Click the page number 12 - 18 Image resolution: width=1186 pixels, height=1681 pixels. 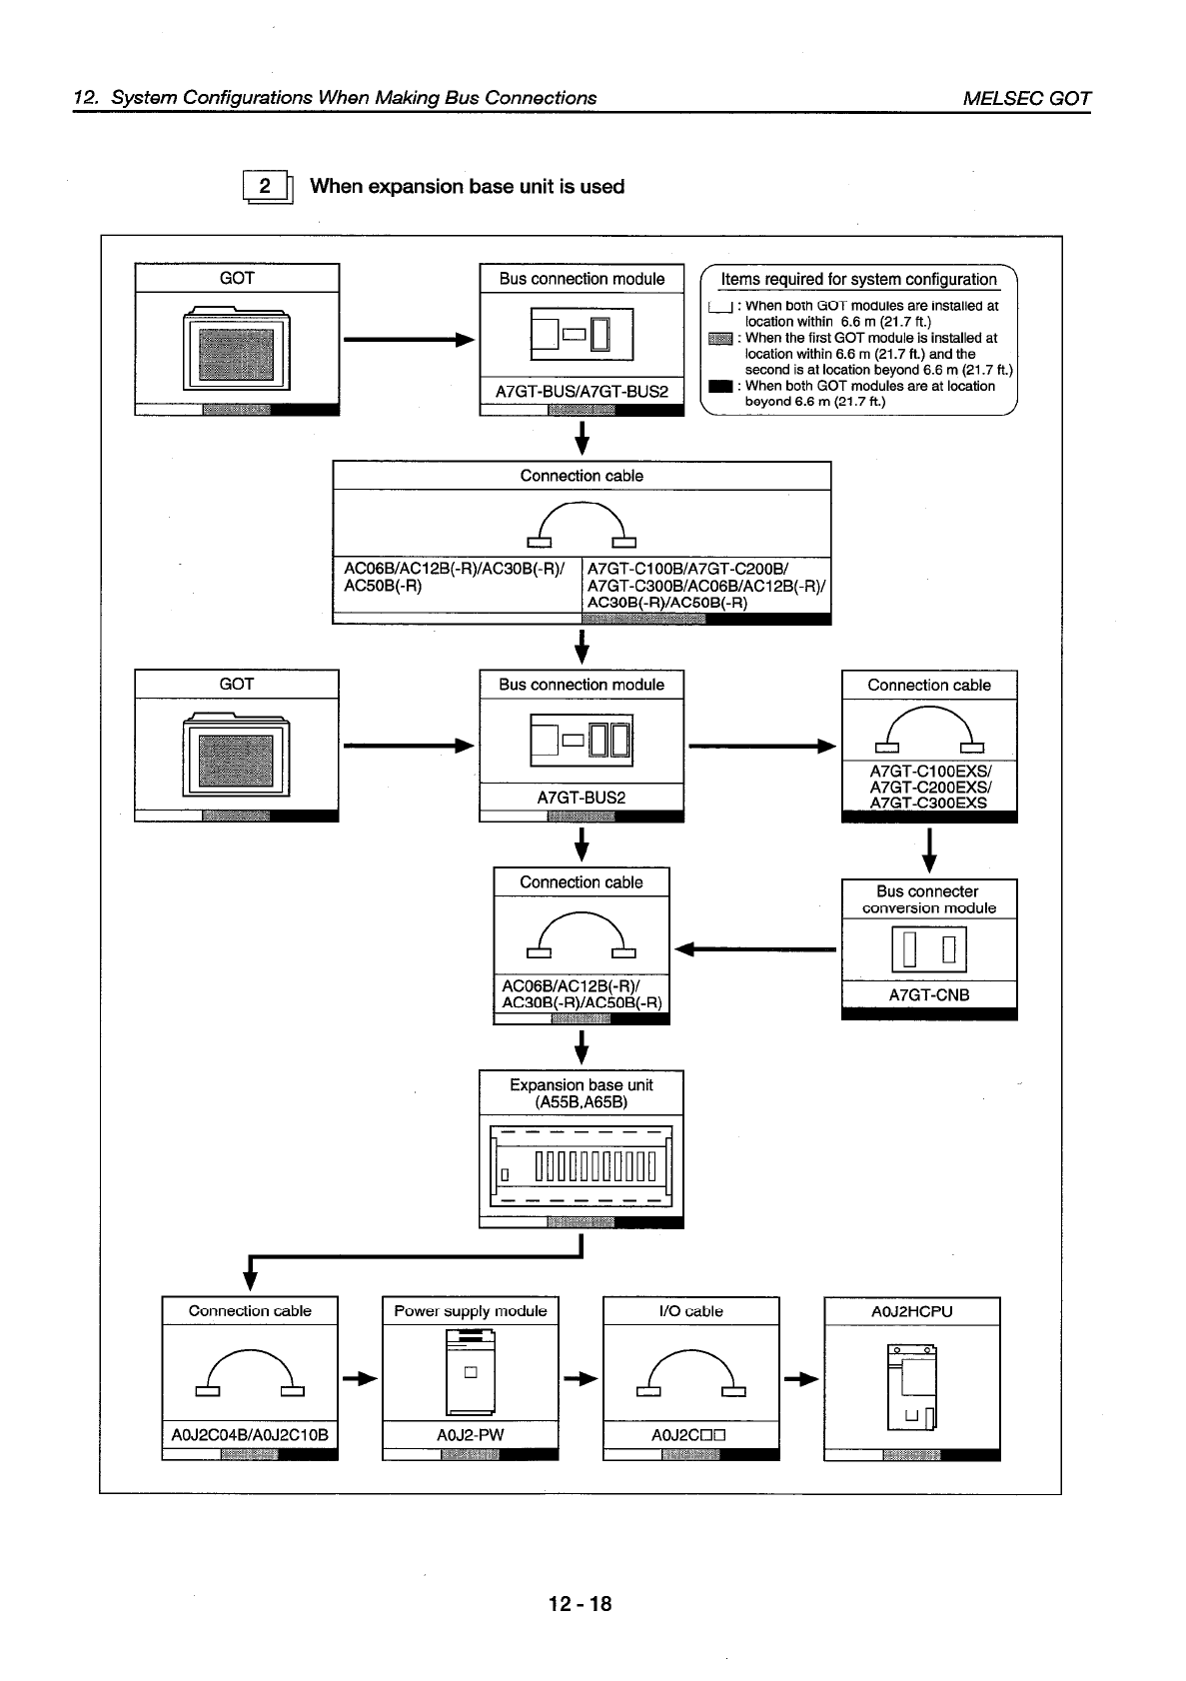(x=580, y=1604)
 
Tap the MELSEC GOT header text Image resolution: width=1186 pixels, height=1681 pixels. (x=1026, y=98)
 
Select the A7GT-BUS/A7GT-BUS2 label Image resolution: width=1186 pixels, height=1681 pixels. (x=582, y=391)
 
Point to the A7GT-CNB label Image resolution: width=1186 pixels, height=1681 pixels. (x=929, y=994)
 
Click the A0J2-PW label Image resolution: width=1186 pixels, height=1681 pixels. (x=470, y=1435)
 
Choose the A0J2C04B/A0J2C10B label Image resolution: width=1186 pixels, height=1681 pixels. (x=250, y=1435)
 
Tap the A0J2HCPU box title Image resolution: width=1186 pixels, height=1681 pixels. (x=911, y=1311)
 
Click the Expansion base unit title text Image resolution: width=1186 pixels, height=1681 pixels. (x=582, y=1093)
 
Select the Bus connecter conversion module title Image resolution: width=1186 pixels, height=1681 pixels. (x=929, y=899)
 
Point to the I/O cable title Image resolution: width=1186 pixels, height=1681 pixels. (x=690, y=1311)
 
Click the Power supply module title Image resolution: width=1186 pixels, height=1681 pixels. (x=470, y=1311)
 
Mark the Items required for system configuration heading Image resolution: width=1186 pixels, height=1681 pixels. (x=858, y=280)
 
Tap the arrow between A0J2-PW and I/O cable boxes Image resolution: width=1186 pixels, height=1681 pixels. (x=581, y=1380)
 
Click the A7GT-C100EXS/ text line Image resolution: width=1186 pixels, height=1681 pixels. (x=929, y=771)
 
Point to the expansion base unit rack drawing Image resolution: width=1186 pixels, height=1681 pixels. (x=582, y=1165)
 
